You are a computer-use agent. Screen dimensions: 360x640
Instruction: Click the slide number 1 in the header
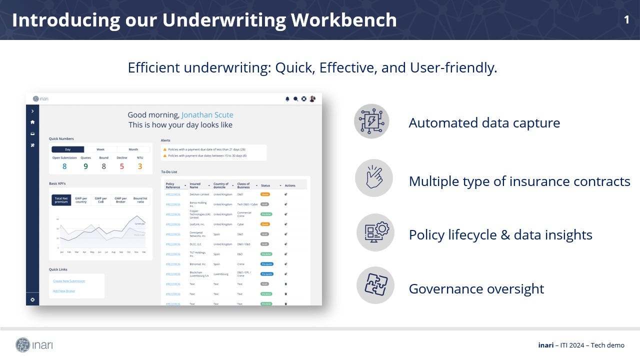pos(626,19)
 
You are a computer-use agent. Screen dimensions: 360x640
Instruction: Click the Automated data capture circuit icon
pos(371,121)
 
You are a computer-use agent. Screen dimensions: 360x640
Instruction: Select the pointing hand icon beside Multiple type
pos(373,178)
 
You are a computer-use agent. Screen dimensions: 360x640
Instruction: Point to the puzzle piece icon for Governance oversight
pos(375,285)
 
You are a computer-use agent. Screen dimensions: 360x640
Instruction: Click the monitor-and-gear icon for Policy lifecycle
pos(375,232)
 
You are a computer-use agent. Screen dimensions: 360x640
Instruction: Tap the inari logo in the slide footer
pos(34,344)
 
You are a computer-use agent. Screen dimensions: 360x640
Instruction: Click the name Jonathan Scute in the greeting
pos(207,115)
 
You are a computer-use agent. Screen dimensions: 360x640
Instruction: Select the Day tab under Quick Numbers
pos(67,149)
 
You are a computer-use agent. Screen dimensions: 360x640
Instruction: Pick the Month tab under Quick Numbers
pos(133,149)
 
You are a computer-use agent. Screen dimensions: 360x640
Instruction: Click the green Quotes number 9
pos(85,166)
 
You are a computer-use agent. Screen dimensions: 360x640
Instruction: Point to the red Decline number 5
pos(121,166)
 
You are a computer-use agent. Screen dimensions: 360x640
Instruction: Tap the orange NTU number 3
pos(140,166)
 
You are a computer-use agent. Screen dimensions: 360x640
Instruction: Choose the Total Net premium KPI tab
pos(61,200)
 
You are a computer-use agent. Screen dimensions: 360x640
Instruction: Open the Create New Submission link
pos(69,281)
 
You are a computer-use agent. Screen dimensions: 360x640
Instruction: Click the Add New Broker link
pos(64,291)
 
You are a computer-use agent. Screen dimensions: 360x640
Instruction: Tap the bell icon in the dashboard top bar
pos(287,99)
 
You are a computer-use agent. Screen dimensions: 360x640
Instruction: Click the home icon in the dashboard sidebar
pos(32,122)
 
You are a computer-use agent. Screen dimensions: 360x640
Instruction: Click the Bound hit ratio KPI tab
pos(140,200)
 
